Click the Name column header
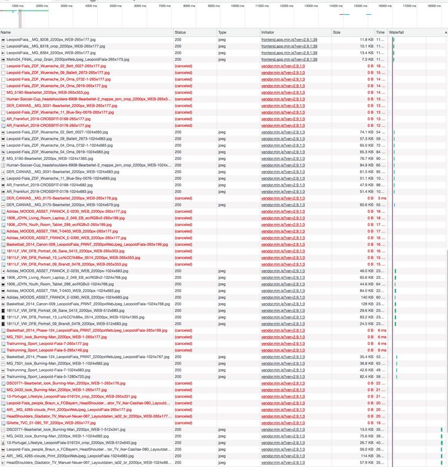click(6, 32)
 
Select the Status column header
click(180, 32)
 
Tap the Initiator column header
click(268, 32)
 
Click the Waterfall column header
click(397, 32)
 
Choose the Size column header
click(337, 32)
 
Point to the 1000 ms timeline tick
click(18, 5)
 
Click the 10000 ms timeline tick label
click(237, 5)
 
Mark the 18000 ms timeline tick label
click(434, 5)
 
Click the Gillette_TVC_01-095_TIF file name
click(47, 423)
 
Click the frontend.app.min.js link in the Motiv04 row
click(289, 60)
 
